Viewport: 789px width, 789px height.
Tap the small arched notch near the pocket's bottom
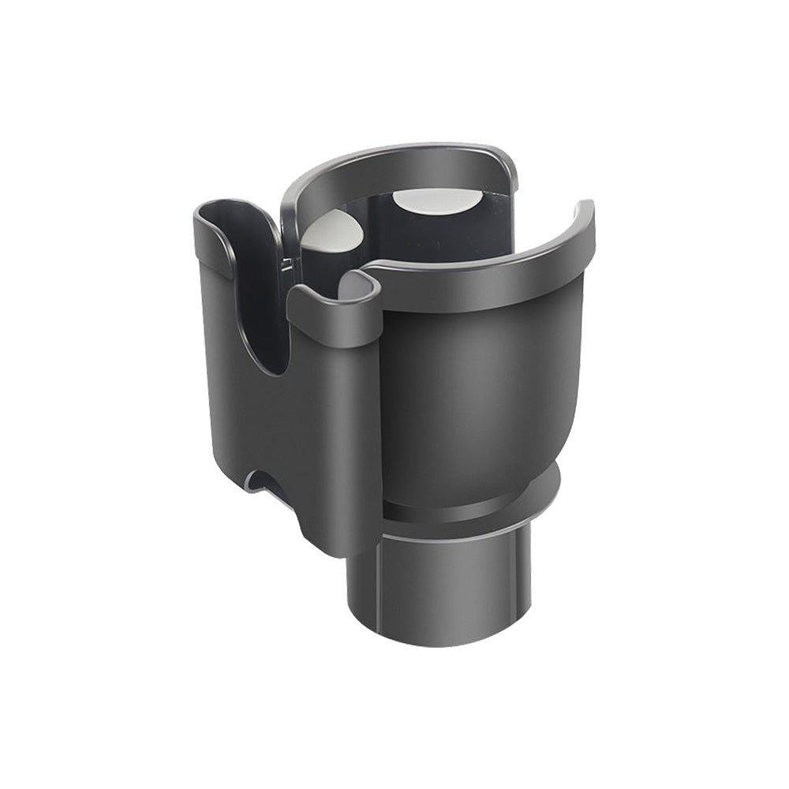pos(260,481)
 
